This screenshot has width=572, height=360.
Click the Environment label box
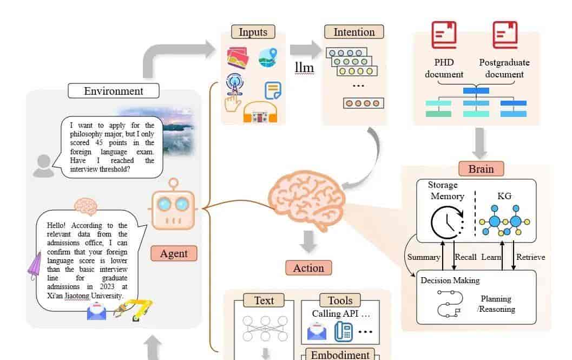[x=114, y=90]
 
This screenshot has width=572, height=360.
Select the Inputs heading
[x=253, y=32]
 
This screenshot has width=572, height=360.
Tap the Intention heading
[x=354, y=32]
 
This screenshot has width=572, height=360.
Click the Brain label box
[x=481, y=169]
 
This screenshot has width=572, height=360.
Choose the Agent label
[x=174, y=253]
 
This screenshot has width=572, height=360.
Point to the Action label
[x=308, y=267]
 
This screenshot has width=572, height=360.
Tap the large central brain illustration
[x=306, y=199]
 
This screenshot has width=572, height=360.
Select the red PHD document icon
[x=444, y=35]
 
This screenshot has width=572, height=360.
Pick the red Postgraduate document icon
[x=505, y=35]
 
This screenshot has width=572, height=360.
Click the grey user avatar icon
[x=43, y=166]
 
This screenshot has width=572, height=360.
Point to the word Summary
[x=424, y=257]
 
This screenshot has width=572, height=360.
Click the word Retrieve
[x=530, y=257]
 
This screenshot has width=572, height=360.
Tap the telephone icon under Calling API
[x=343, y=331]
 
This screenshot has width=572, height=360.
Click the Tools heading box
[x=340, y=300]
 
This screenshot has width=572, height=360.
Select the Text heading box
[x=264, y=300]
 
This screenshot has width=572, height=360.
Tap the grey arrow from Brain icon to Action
[x=308, y=241]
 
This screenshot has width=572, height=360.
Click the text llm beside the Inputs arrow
[x=304, y=68]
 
